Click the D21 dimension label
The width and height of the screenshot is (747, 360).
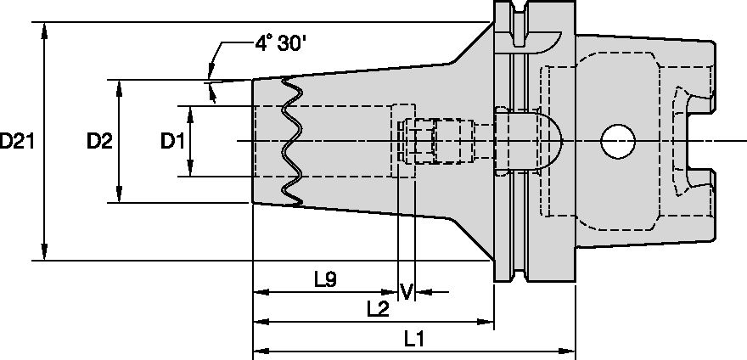tap(17, 142)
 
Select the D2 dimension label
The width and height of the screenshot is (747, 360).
tap(99, 142)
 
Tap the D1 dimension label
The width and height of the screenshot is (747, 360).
tap(172, 142)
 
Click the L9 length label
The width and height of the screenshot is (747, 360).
tap(325, 278)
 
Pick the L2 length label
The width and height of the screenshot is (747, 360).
tap(378, 309)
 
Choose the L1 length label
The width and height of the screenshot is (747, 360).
tap(414, 340)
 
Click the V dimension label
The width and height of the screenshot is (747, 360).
tap(407, 292)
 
